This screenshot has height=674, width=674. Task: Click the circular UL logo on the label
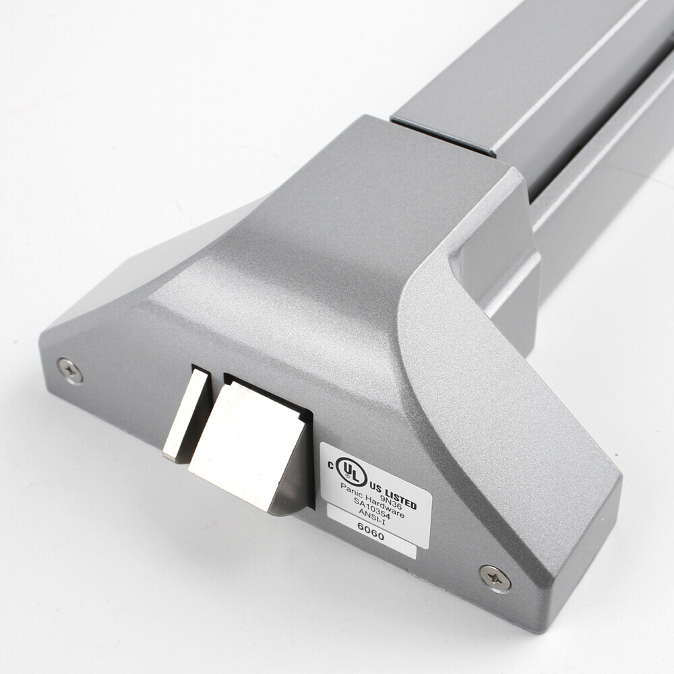click(351, 472)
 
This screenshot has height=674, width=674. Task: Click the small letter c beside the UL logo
click(330, 464)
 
